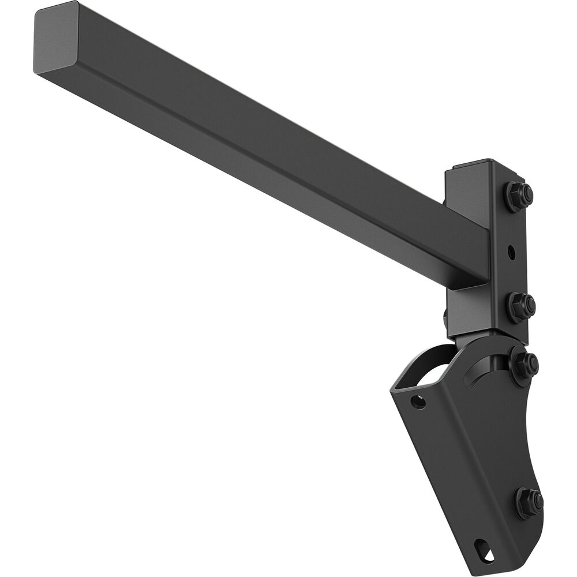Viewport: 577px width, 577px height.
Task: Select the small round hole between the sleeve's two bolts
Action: pos(511,252)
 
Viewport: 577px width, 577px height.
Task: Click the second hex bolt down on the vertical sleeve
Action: pos(520,305)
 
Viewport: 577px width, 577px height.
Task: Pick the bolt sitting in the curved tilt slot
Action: pos(523,365)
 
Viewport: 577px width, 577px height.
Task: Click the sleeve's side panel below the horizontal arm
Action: pos(467,312)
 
